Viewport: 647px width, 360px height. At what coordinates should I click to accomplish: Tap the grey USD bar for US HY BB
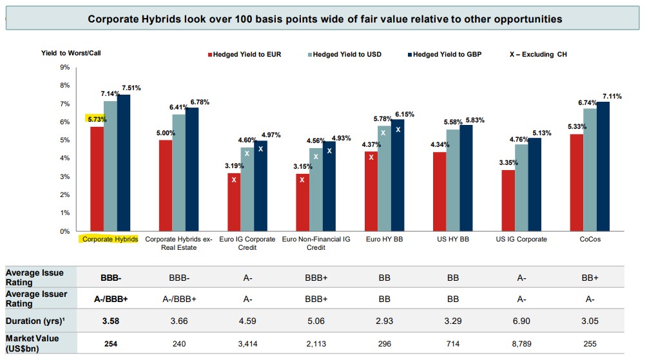[x=452, y=180]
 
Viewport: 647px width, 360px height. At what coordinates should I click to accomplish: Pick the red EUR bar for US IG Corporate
[x=508, y=200]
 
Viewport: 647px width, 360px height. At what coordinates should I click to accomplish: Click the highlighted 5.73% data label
[x=95, y=119]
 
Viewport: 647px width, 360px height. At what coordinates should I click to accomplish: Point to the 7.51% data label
[x=131, y=88]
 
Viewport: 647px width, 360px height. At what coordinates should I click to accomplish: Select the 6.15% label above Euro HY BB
[x=404, y=114]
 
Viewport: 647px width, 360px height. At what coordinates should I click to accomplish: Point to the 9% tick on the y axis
[x=64, y=67]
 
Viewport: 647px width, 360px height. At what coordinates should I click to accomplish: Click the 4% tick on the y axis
[x=64, y=158]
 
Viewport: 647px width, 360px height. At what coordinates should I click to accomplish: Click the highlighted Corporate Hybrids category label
[x=108, y=239]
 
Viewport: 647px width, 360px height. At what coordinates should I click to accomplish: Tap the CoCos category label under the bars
[x=589, y=239]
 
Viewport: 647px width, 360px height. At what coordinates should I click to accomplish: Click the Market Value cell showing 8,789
[x=522, y=343]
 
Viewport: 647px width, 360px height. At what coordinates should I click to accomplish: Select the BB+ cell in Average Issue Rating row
[x=590, y=278]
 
